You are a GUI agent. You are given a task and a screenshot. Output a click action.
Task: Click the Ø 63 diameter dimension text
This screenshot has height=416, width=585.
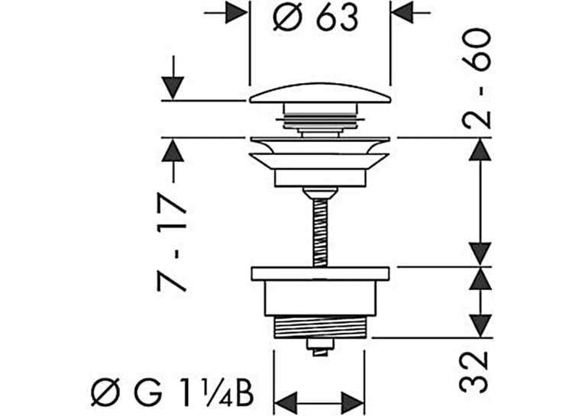pos(315,18)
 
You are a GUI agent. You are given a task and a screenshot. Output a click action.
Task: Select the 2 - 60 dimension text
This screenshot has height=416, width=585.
pos(476,79)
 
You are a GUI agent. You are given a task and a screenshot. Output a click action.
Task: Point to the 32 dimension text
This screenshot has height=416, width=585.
pos(474,372)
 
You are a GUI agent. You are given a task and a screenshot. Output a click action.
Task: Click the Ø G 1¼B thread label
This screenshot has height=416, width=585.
pos(173,392)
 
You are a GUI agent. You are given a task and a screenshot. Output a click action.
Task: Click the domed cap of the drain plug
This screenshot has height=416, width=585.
pos(320,93)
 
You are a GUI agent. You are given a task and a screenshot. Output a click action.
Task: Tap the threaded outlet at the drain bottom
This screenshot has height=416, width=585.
pos(320,327)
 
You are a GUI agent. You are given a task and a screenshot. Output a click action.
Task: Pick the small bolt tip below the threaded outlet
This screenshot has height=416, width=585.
pos(320,347)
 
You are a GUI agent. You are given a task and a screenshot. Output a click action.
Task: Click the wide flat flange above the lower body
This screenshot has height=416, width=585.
pos(321,273)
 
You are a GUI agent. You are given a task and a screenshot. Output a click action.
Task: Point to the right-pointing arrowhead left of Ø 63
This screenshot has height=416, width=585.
pos(237,13)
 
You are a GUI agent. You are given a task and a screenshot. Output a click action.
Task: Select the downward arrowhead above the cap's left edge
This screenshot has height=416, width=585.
pos(173,89)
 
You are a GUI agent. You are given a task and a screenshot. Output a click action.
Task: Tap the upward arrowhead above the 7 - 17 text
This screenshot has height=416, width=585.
pos(173,150)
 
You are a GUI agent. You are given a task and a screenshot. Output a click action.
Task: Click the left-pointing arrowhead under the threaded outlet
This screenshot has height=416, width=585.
pos(286,403)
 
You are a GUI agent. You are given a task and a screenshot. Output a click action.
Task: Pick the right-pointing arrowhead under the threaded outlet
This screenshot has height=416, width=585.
pos(353,403)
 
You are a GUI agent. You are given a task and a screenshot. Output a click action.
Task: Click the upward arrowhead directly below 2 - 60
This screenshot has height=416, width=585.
pos(480,149)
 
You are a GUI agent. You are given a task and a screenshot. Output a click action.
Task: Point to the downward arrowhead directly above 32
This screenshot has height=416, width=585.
pos(480,326)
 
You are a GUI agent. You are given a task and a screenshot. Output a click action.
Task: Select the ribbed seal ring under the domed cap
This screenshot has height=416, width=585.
pos(320,120)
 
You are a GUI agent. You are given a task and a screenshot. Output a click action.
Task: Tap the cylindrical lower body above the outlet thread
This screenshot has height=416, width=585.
pos(320,298)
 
